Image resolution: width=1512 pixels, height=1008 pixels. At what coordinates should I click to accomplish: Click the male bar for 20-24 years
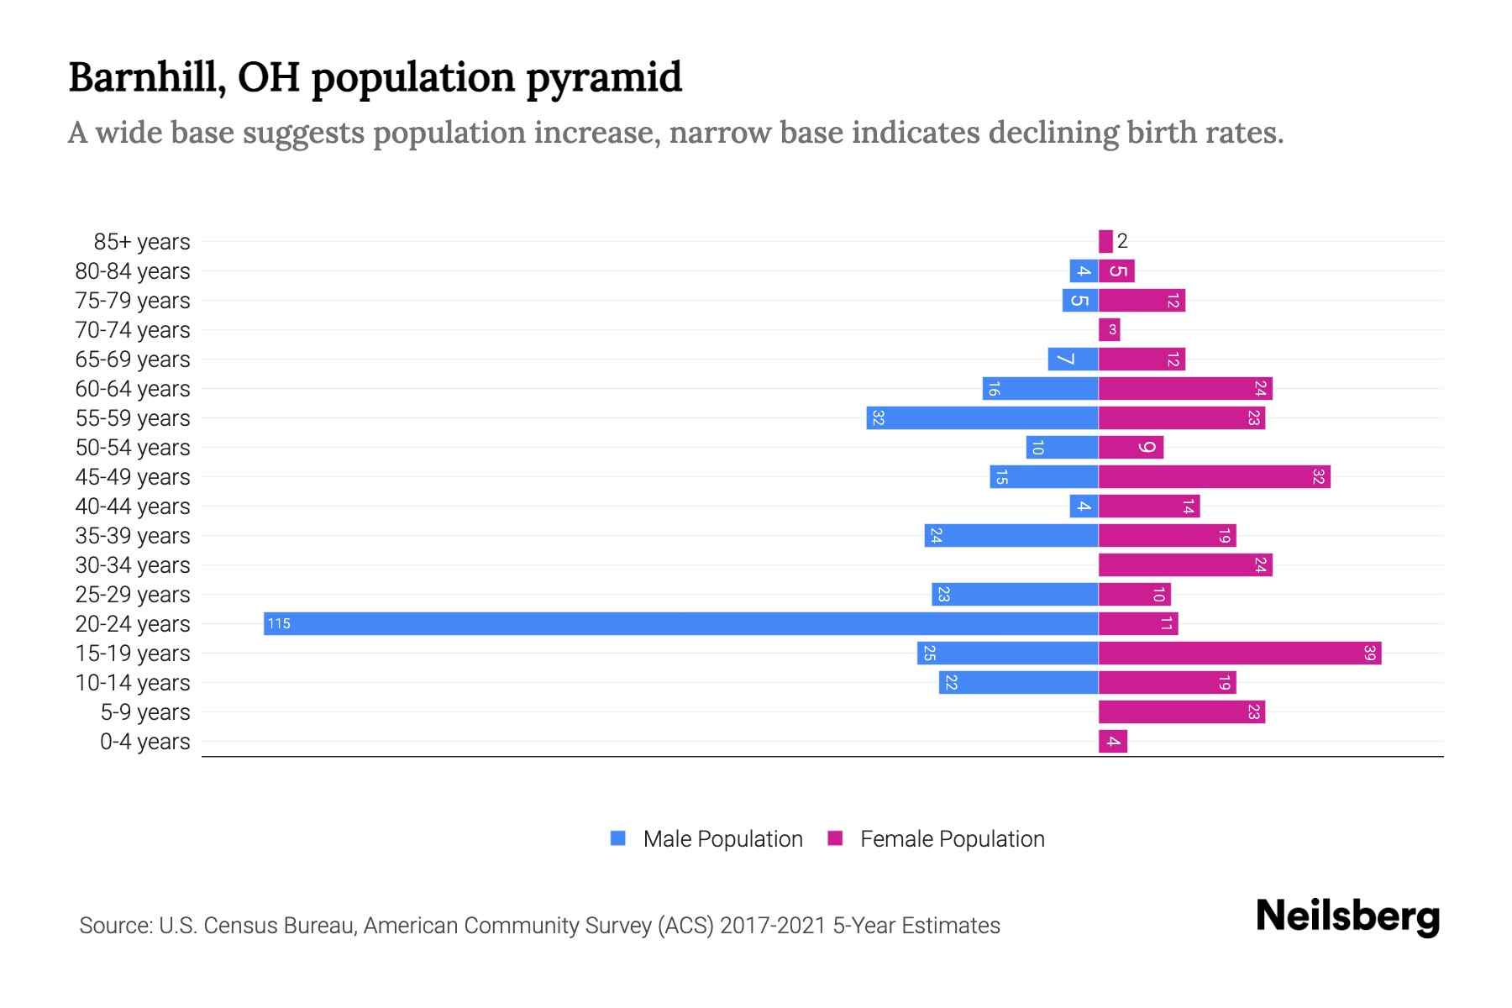tap(680, 623)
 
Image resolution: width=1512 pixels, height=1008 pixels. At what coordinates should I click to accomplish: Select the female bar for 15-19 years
tap(1239, 653)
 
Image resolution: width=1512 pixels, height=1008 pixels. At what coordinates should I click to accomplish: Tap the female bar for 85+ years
tap(1105, 241)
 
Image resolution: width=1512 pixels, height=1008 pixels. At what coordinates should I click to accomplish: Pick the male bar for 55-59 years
tap(982, 417)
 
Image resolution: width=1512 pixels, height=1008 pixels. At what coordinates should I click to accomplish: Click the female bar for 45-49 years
tap(1214, 476)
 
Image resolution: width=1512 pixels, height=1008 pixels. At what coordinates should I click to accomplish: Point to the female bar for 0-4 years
tap(1112, 741)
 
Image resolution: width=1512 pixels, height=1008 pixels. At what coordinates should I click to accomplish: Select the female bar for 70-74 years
tap(1109, 329)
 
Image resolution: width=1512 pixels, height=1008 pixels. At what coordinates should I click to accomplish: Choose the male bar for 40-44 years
tap(1084, 506)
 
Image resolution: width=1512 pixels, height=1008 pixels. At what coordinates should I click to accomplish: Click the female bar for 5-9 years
tap(1181, 711)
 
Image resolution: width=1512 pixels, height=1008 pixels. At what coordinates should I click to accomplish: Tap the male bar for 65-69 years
tap(1073, 359)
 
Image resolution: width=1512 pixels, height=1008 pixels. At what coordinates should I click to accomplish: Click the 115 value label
tap(279, 623)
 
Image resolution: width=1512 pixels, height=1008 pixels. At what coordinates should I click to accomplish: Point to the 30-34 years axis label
tap(133, 564)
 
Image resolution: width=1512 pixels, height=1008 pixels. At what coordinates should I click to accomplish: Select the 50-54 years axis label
tap(133, 447)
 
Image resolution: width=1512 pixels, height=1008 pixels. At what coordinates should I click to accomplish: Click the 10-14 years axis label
tap(133, 682)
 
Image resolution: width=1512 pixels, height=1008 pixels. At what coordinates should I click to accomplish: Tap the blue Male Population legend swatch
tap(618, 838)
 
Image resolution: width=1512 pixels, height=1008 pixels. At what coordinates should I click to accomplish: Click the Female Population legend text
tap(952, 838)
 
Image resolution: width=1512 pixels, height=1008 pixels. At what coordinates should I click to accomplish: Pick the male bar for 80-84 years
tap(1084, 270)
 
